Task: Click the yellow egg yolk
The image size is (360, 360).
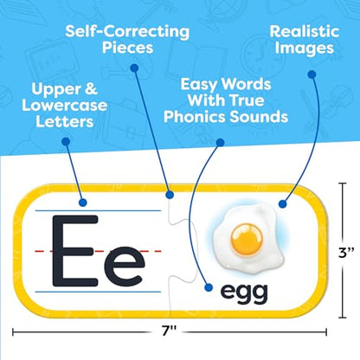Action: pos(247,240)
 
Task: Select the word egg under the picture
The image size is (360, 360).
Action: pos(244,292)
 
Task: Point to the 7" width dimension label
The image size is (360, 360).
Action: pos(169,331)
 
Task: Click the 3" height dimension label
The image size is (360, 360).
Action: pos(346,253)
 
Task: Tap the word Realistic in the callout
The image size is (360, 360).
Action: pos(305,32)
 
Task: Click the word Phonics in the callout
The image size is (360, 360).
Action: pos(195,117)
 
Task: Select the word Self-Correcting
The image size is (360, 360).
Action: pos(127,32)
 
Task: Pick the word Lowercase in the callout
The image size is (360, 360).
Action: pos(65,106)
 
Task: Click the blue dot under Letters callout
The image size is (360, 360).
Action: pos(66,141)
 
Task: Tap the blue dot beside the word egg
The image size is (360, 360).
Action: pos(209,287)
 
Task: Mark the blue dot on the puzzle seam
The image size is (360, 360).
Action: pos(170,195)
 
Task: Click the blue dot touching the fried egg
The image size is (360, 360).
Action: pos(283,204)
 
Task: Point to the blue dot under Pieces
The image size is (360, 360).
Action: pos(134,68)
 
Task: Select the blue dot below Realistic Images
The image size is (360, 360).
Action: pos(312,74)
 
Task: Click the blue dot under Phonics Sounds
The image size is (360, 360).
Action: pos(220,142)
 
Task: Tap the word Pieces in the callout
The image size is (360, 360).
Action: pos(127,48)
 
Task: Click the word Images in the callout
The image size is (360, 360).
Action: pos(305,48)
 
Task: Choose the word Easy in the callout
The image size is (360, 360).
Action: pos(198,85)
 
